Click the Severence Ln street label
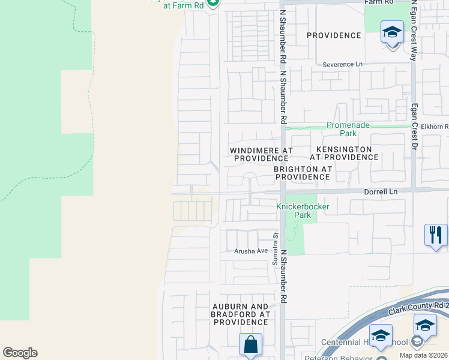pyautogui.click(x=343, y=64)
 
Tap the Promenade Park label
pyautogui.click(x=348, y=129)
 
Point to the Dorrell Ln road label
pyautogui.click(x=381, y=191)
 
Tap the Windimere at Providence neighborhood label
pyautogui.click(x=261, y=154)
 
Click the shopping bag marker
pyautogui.click(x=250, y=345)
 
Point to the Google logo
pyautogui.click(x=20, y=353)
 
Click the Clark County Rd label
pyautogui.click(x=418, y=308)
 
